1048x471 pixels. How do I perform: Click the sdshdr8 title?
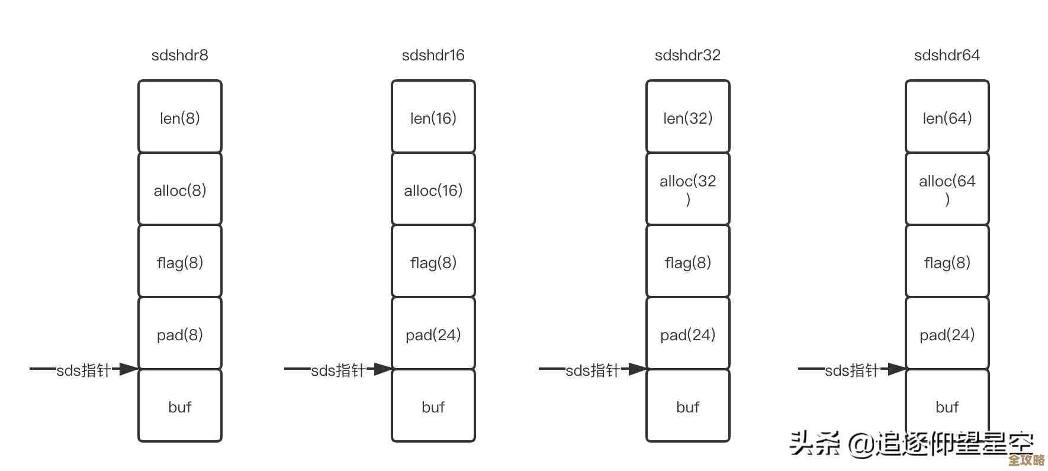pos(179,55)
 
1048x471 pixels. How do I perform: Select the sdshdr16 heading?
pos(433,55)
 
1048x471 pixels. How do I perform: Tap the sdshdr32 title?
pos(687,55)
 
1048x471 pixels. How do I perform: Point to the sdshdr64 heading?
pos(947,55)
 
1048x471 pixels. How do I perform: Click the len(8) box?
pos(179,117)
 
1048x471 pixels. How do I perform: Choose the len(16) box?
pos(433,117)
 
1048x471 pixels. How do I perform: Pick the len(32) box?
pos(687,117)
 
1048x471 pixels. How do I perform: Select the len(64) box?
pos(947,117)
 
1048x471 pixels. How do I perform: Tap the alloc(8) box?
pos(179,189)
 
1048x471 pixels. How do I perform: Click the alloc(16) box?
pos(433,189)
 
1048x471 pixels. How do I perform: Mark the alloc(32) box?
pos(687,189)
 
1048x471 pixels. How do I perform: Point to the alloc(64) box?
pos(947,189)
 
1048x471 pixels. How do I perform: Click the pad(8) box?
pos(179,334)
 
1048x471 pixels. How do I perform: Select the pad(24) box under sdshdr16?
pos(433,334)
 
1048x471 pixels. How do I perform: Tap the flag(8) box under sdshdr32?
pos(687,262)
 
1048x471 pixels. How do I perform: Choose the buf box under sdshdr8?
pos(179,406)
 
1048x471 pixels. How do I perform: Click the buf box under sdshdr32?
pos(687,406)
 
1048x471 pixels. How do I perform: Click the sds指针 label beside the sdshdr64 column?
pos(852,370)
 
